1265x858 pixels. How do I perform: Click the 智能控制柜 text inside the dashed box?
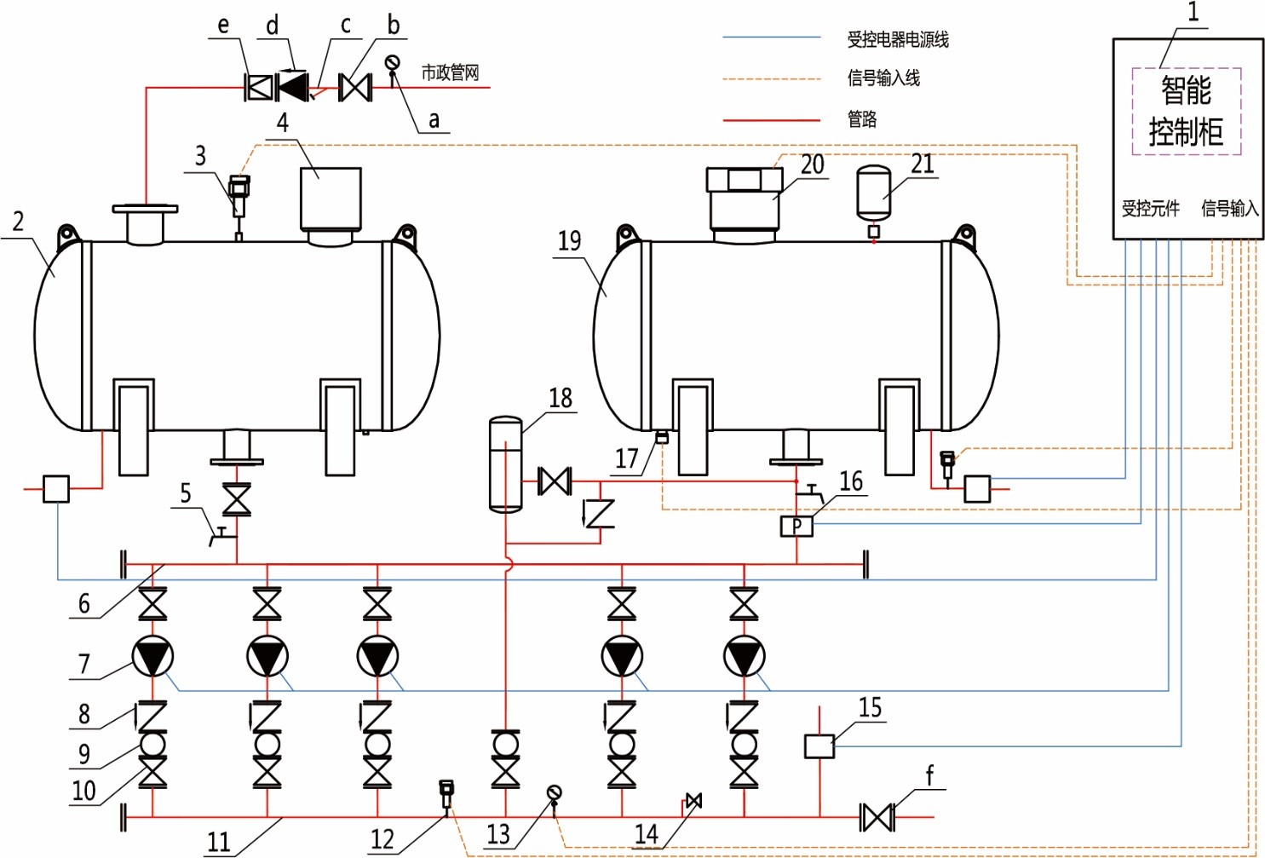(1186, 112)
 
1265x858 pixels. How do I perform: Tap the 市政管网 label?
(450, 73)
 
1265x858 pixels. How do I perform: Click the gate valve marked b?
(355, 88)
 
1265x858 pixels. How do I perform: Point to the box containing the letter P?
(796, 527)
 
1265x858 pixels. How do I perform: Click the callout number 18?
(561, 398)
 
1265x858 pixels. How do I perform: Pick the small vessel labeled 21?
(874, 192)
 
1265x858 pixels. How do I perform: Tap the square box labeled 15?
(819, 746)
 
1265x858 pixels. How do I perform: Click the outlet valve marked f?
(877, 817)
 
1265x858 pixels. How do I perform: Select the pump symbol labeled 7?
(152, 656)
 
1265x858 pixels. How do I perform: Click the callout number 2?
(18, 222)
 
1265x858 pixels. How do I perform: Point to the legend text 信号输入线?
(883, 78)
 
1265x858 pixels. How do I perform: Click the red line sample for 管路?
(772, 120)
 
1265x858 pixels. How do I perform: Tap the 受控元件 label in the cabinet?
(1150, 209)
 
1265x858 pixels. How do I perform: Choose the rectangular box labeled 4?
(331, 199)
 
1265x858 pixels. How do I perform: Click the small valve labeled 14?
(693, 800)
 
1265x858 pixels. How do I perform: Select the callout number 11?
(219, 842)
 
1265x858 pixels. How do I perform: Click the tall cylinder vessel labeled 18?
(505, 464)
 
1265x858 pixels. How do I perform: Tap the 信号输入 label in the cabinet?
(1230, 209)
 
